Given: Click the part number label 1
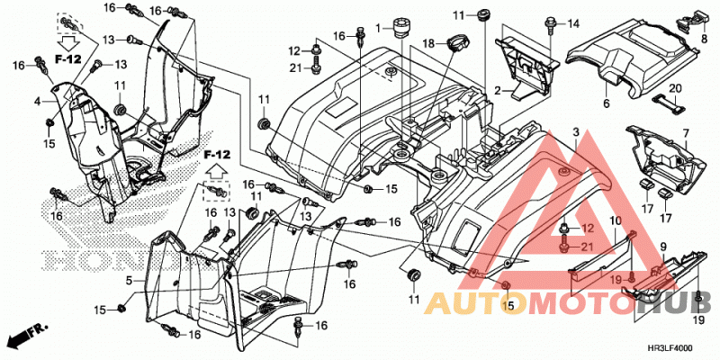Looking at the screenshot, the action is pyautogui.click(x=378, y=29).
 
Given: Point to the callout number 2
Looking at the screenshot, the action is pyautogui.click(x=498, y=91).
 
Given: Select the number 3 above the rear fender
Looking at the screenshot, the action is pyautogui.click(x=575, y=132).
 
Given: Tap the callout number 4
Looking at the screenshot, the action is pyautogui.click(x=38, y=100).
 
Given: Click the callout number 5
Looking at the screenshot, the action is pyautogui.click(x=129, y=279).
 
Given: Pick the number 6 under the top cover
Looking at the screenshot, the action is pyautogui.click(x=606, y=104).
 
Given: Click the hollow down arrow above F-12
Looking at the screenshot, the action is pyautogui.click(x=70, y=43).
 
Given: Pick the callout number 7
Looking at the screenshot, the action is pyautogui.click(x=686, y=133).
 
